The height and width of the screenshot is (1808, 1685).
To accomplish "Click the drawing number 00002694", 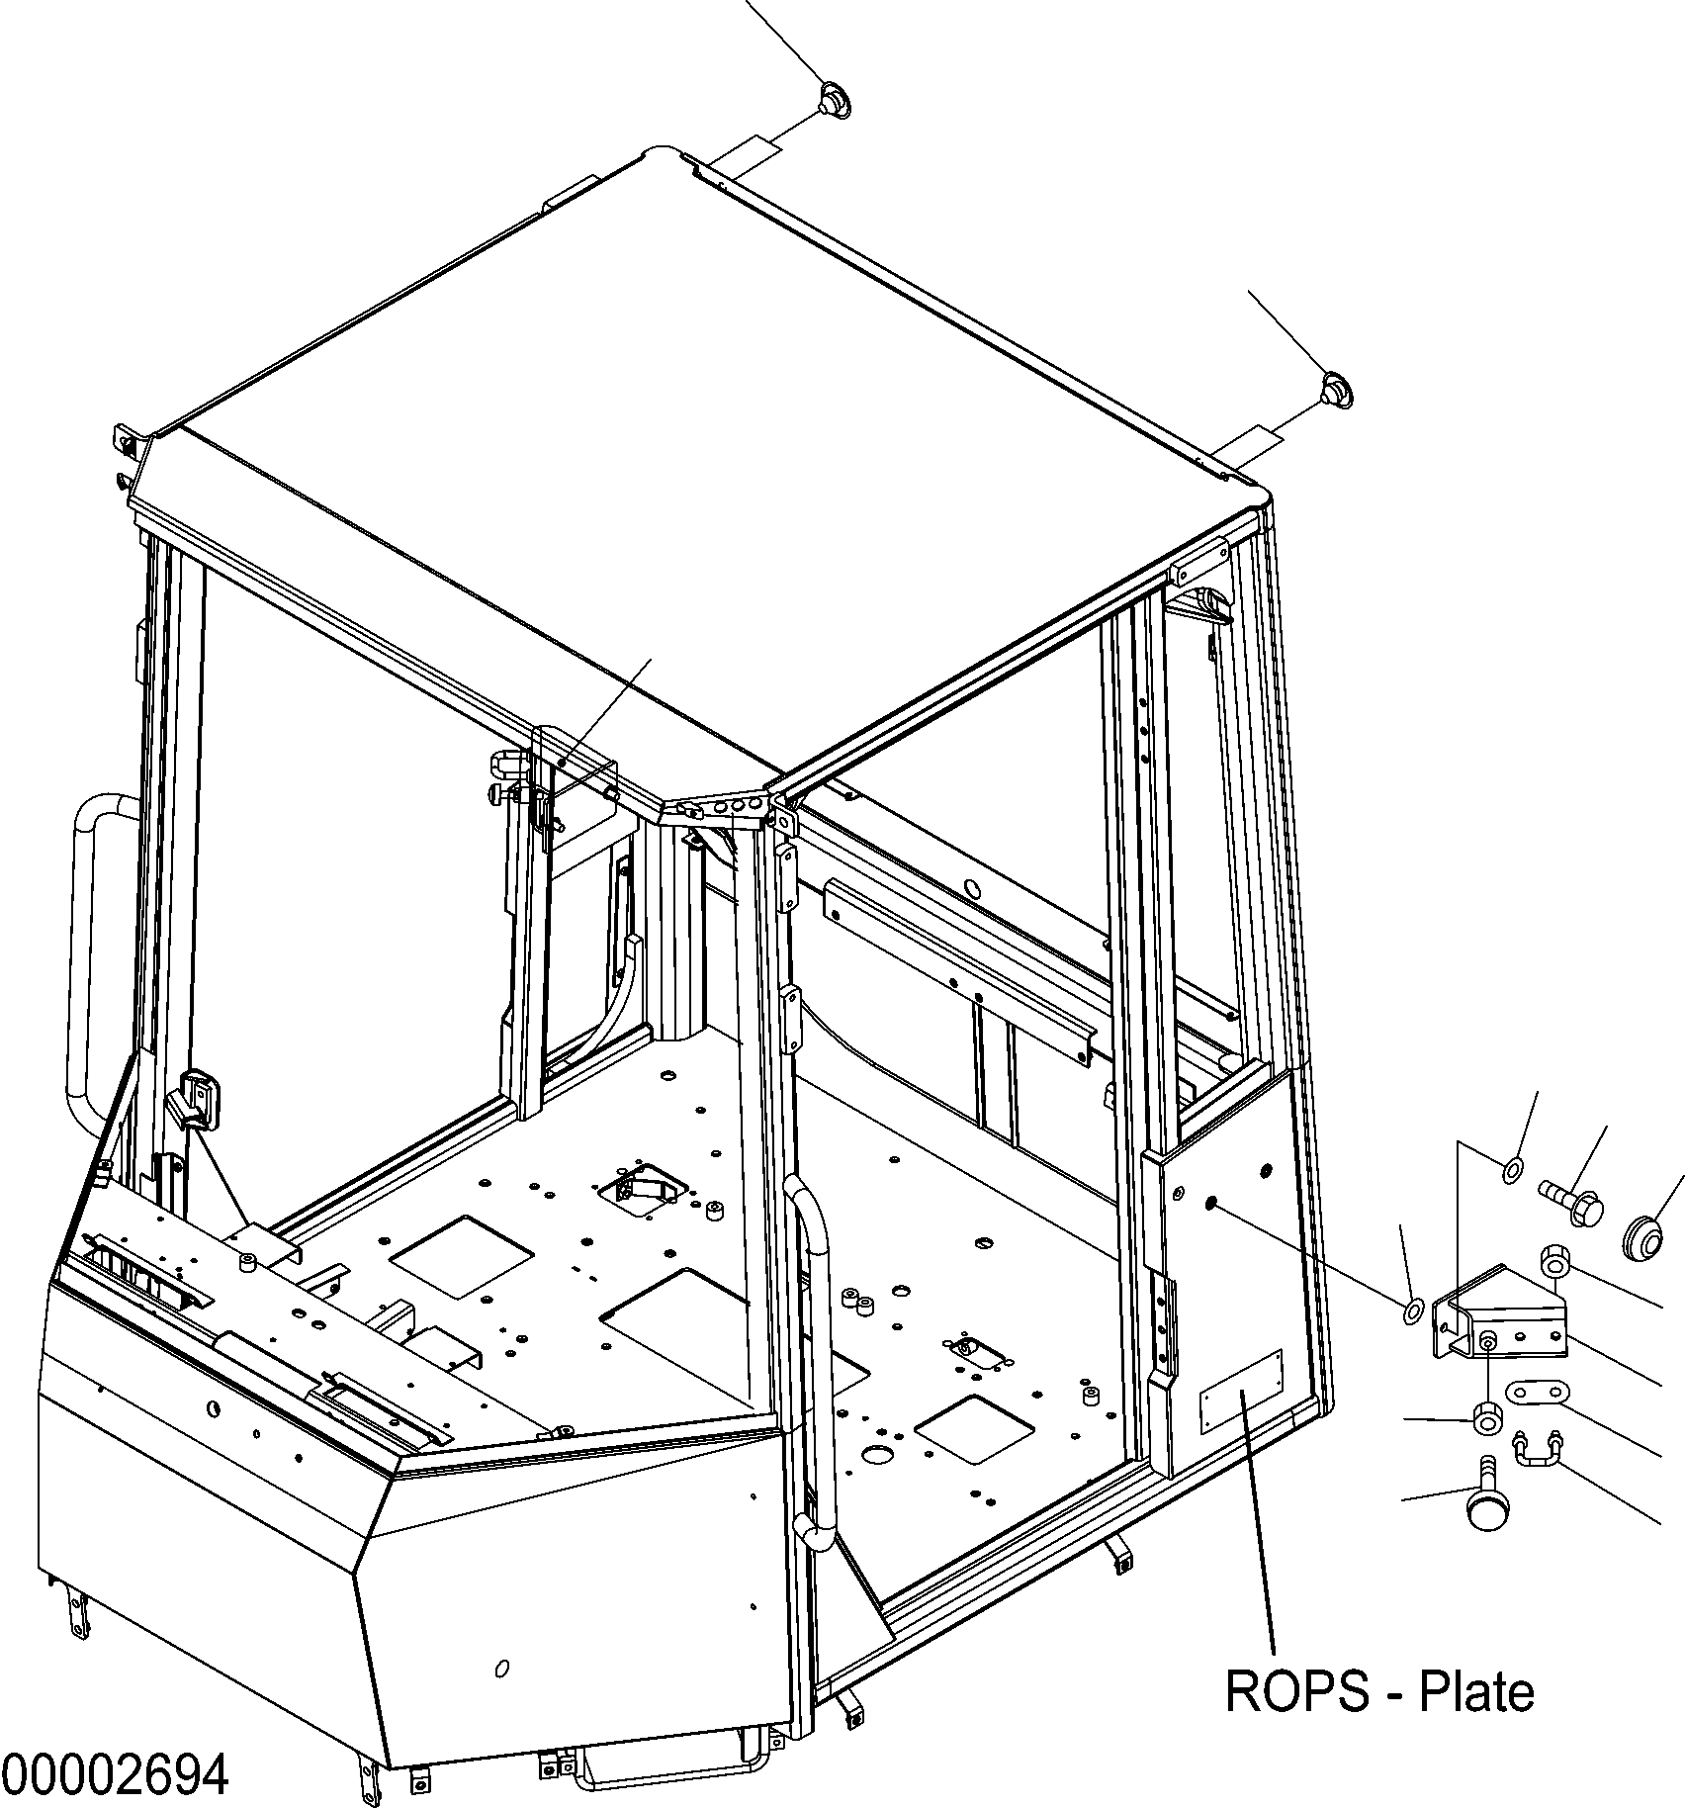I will pyautogui.click(x=115, y=1775).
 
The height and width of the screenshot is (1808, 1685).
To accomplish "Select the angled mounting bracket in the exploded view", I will pyautogui.click(x=1500, y=1311).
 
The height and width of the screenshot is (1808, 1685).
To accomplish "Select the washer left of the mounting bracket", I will pyautogui.click(x=1413, y=1311).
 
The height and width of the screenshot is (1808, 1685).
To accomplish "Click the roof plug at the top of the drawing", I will pyautogui.click(x=837, y=102).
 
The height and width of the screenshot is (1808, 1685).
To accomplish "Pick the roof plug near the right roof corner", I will pyautogui.click(x=1337, y=388).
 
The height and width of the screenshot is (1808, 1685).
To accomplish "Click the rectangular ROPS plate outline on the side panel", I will pyautogui.click(x=1240, y=1392).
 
